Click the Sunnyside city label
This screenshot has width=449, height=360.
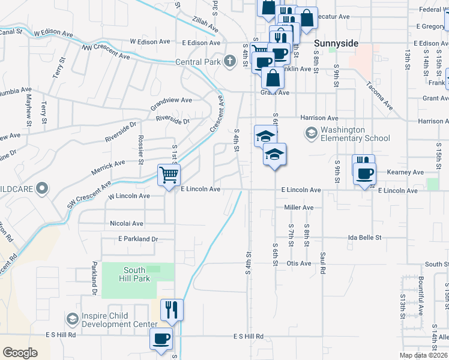point(337,44)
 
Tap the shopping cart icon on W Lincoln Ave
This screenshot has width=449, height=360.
point(169,175)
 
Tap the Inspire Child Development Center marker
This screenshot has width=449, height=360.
point(73,318)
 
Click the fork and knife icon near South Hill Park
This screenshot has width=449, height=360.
point(172,309)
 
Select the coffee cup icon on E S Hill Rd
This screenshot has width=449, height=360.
point(161,338)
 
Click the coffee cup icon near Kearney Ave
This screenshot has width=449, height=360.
point(365,174)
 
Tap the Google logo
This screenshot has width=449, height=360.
point(20,353)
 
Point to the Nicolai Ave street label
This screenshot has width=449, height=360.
point(127,223)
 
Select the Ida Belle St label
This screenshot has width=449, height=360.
point(365,238)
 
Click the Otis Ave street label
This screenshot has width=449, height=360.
point(299,263)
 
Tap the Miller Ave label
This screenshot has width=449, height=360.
point(299,208)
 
